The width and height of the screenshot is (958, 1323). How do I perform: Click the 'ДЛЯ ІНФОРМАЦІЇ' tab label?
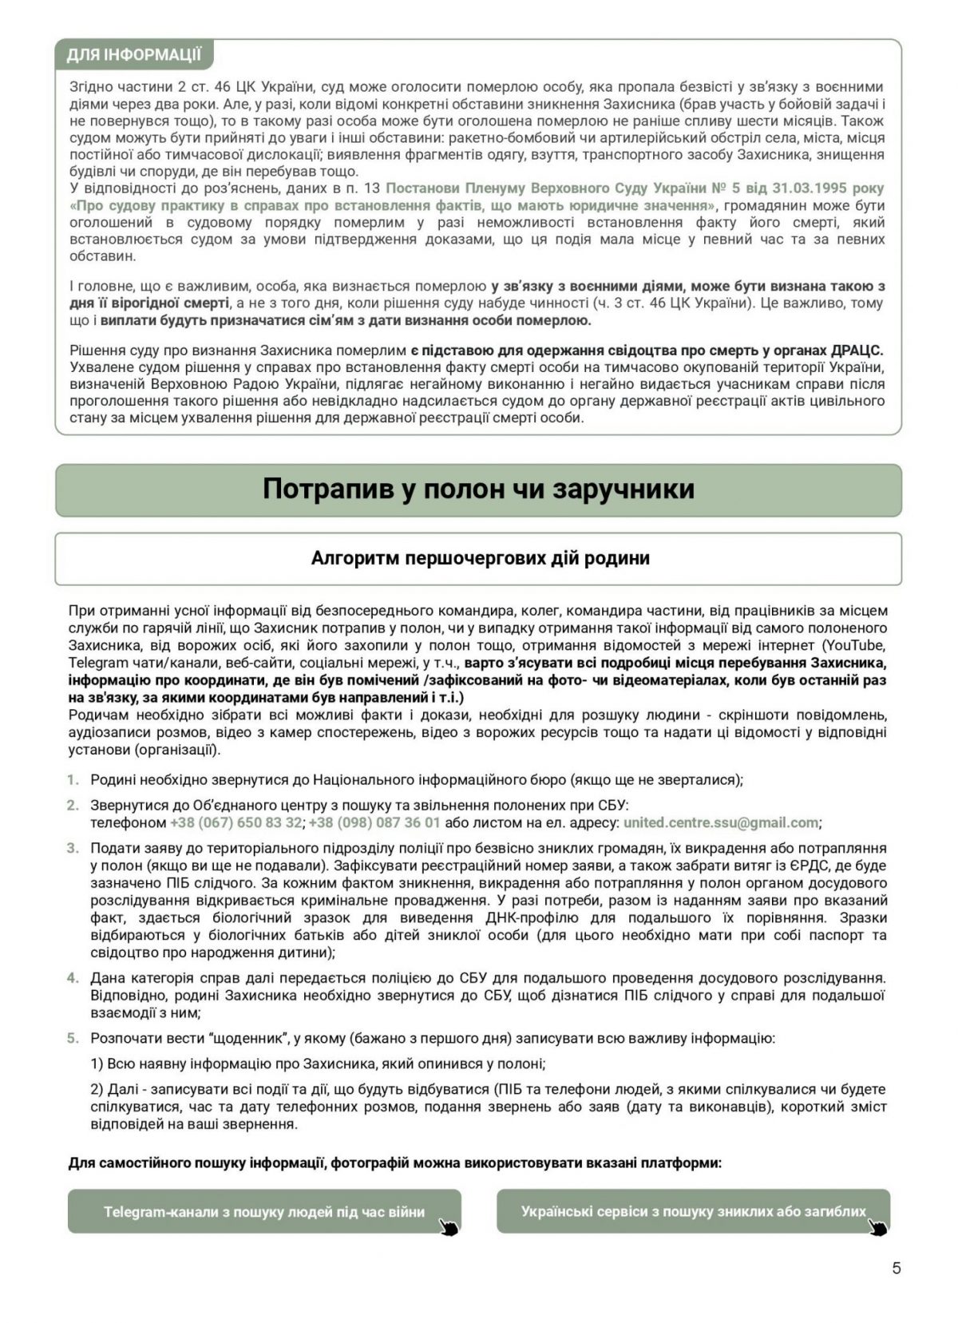tap(133, 54)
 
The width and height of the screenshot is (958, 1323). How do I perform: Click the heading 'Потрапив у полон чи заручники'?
tap(478, 489)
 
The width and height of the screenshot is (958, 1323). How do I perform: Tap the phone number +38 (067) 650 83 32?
tap(236, 822)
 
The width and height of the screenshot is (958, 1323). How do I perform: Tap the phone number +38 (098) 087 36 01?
tap(374, 822)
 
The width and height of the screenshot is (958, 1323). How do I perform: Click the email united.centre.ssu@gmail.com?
tap(720, 822)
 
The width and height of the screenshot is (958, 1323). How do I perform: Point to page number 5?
tap(896, 1268)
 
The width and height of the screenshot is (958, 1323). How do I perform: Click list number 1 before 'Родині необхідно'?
tap(73, 779)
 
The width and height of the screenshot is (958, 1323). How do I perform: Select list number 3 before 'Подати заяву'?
tap(73, 848)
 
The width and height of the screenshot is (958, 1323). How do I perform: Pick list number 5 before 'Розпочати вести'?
tap(73, 1038)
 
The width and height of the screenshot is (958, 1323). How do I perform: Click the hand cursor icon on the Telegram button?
tap(449, 1226)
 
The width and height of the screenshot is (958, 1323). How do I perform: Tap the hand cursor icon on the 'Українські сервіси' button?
tap(878, 1226)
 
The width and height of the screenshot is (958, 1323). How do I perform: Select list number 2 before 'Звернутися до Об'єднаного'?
tap(73, 805)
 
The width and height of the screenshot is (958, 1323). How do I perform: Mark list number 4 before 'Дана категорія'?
tap(73, 977)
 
